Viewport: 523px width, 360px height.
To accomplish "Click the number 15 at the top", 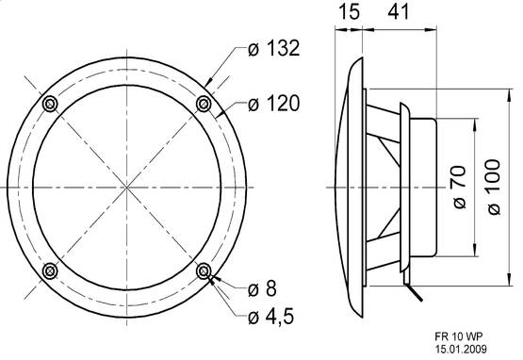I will click(349, 13).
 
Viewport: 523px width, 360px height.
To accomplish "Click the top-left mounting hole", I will click(49, 102).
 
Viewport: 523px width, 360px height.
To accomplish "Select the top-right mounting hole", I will click(204, 102).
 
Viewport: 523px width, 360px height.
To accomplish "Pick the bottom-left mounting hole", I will click(49, 271).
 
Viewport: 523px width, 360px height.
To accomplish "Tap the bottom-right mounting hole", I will click(204, 271).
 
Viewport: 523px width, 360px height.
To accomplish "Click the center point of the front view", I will click(126, 187).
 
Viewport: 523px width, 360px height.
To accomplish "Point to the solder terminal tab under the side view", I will click(407, 287).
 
